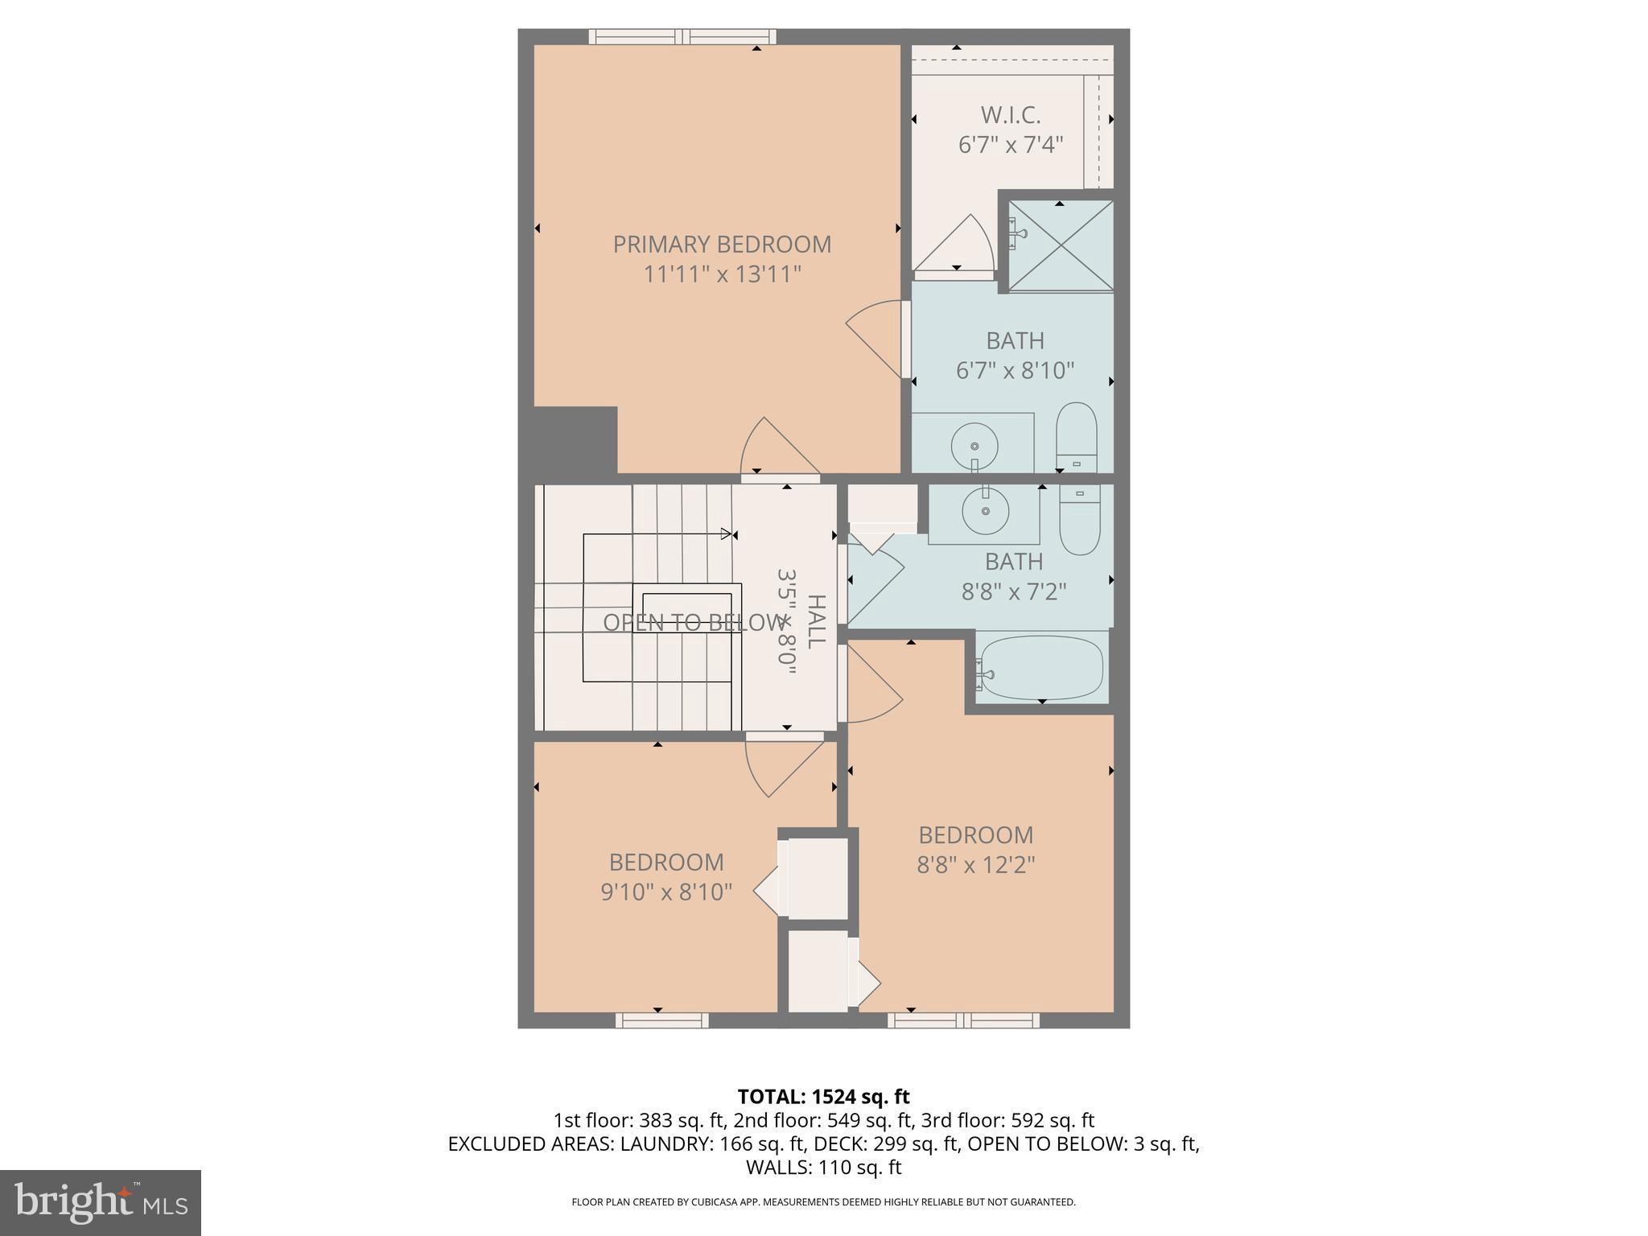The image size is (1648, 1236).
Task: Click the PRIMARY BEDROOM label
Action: [722, 244]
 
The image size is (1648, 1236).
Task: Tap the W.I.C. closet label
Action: [1011, 115]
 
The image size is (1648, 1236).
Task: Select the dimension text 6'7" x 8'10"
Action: [1015, 370]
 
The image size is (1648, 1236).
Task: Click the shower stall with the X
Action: [1061, 245]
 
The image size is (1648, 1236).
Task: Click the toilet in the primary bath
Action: [1077, 438]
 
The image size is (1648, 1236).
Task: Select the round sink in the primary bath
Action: [974, 446]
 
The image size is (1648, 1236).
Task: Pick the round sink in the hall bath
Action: [985, 509]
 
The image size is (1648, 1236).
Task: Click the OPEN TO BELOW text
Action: [693, 622]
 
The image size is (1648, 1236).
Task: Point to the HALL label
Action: [816, 621]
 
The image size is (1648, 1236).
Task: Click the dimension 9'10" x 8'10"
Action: [666, 892]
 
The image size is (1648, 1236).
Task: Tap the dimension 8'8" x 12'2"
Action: [975, 864]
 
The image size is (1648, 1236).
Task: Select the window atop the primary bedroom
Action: [682, 36]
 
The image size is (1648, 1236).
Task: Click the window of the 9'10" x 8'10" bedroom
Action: [662, 1020]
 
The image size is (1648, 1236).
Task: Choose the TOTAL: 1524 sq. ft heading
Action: [823, 1096]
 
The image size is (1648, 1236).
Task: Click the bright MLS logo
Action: [101, 1202]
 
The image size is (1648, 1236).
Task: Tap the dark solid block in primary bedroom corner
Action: [575, 439]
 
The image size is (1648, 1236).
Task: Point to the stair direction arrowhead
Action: [727, 534]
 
